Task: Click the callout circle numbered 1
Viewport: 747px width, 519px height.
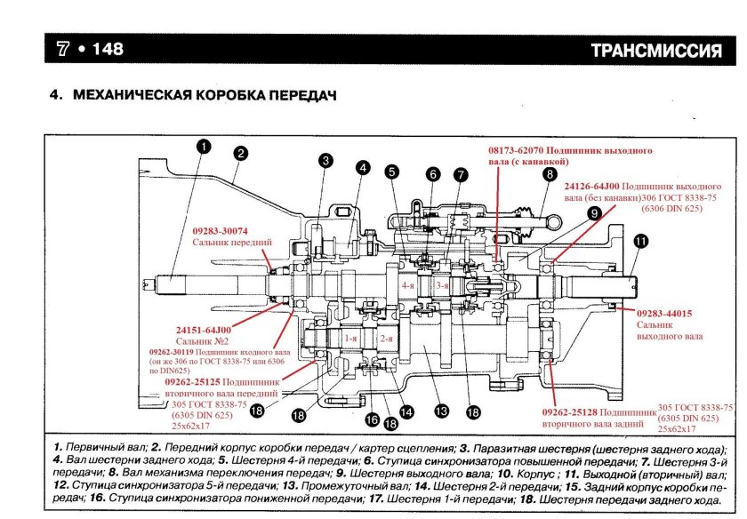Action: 203,148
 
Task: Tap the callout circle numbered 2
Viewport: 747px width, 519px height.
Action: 240,153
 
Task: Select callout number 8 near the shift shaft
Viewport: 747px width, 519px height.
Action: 550,175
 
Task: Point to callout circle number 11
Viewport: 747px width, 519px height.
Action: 641,240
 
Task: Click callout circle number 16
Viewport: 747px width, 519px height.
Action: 372,419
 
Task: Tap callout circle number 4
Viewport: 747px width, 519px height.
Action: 363,167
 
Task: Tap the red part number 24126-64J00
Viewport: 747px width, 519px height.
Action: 595,187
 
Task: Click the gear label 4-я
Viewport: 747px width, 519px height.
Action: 408,286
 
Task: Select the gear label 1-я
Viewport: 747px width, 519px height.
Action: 349,339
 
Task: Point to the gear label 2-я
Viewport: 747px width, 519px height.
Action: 385,339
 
